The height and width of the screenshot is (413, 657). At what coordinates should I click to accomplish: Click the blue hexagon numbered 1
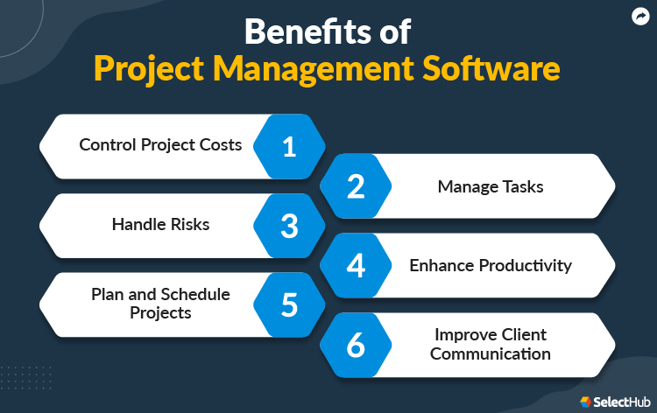click(x=289, y=147)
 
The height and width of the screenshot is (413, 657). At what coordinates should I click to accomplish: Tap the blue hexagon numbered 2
click(x=355, y=186)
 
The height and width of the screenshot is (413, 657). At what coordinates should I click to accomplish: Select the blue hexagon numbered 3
click(x=289, y=226)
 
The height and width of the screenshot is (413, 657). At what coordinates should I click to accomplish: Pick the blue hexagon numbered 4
click(x=355, y=265)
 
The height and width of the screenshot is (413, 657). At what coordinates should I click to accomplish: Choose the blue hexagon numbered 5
click(x=289, y=304)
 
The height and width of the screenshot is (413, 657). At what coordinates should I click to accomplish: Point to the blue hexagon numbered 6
click(x=355, y=345)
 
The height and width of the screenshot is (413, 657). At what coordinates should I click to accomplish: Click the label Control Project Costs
click(x=160, y=144)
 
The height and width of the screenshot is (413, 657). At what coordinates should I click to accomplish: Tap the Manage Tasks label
click(x=491, y=185)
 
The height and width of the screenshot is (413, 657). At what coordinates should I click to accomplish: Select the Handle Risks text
click(x=160, y=224)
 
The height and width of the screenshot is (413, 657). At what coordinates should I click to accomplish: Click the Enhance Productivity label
click(x=491, y=264)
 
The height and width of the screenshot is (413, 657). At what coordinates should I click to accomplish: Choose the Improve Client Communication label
click(x=491, y=344)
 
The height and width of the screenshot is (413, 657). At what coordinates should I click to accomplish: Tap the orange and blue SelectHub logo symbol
click(x=585, y=401)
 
